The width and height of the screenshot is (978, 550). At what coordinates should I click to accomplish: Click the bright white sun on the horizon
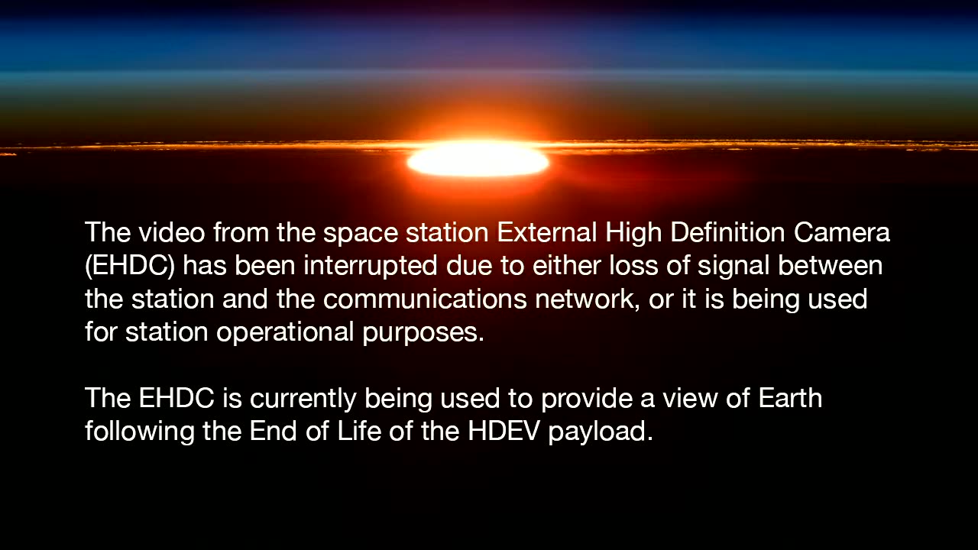click(x=478, y=160)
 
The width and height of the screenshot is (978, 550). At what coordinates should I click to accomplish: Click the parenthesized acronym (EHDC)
click(x=130, y=265)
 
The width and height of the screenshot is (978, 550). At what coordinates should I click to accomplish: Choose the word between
click(x=830, y=265)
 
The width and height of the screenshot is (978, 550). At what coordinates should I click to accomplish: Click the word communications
click(x=425, y=299)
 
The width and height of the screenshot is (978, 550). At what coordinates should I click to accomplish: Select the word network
click(x=588, y=299)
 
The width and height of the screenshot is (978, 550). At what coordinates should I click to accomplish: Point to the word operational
click(x=285, y=332)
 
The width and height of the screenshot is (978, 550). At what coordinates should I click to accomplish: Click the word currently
click(x=303, y=399)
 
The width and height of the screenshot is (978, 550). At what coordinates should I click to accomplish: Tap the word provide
click(x=586, y=399)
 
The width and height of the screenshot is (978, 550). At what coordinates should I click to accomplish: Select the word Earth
click(x=790, y=398)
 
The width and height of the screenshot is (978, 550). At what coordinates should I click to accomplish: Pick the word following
click(x=139, y=432)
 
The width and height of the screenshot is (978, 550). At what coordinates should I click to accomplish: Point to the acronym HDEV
click(x=504, y=431)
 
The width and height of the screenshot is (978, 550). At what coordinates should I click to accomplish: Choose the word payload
click(x=601, y=432)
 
